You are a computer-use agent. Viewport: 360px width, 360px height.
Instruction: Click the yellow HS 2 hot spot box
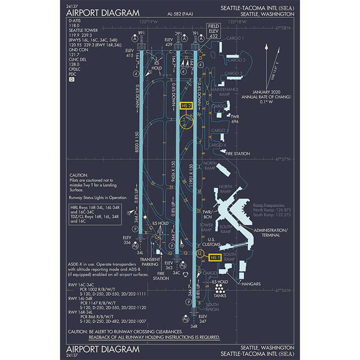click(x=185, y=106)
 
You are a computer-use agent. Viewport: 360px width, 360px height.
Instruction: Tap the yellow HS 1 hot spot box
click(x=216, y=258)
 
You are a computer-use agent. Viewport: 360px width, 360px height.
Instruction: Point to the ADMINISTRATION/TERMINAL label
click(x=271, y=232)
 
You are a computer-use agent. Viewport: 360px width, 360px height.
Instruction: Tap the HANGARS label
click(x=252, y=284)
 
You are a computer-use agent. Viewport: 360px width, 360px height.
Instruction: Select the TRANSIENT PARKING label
click(x=149, y=262)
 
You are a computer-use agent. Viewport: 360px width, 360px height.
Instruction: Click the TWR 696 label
click(x=235, y=119)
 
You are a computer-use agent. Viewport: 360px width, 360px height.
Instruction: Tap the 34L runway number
click(x=140, y=252)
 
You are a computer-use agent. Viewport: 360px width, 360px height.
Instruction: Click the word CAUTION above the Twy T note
click(x=79, y=175)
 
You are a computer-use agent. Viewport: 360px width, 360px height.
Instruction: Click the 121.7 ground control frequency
click(x=74, y=55)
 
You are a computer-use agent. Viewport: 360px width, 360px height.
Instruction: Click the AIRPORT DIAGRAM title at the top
click(x=103, y=13)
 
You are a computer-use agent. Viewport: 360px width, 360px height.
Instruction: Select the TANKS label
click(x=220, y=296)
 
